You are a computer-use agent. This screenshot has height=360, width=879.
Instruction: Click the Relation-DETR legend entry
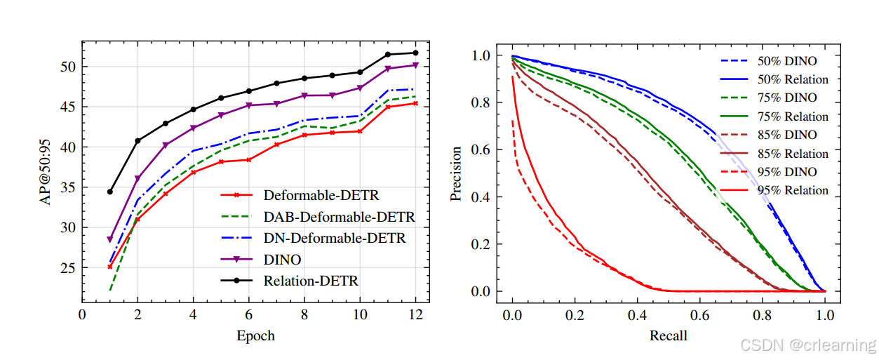311,281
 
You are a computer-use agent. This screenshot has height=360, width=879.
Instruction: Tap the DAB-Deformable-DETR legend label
339,216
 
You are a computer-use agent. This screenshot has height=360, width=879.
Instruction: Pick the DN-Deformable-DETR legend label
335,238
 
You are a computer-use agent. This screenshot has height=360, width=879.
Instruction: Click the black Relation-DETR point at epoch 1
110,192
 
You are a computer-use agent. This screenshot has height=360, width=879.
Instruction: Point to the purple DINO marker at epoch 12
415,65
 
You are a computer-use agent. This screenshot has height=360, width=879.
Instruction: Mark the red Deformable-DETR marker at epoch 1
110,267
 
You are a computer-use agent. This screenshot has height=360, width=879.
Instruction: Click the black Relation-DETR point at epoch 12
415,53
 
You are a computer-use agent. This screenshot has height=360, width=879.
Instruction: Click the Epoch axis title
255,335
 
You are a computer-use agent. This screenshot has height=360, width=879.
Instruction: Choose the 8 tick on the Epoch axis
304,314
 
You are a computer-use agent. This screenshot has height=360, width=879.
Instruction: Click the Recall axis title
668,335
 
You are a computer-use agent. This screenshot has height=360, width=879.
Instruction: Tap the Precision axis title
457,173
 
